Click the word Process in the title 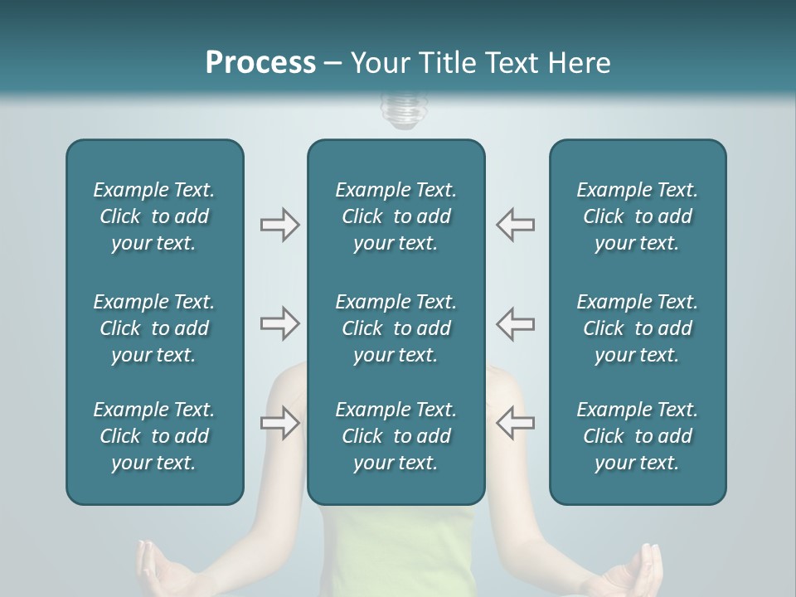[x=260, y=62]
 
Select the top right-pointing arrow [x=279, y=225]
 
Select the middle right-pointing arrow [x=279, y=323]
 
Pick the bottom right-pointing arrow [x=279, y=423]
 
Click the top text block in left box [x=154, y=216]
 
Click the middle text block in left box [x=154, y=328]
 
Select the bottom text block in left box [x=154, y=436]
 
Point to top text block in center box [x=396, y=216]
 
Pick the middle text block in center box [x=396, y=328]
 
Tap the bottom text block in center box [x=396, y=436]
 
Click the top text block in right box [x=637, y=216]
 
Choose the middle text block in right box [x=637, y=328]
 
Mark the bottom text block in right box [x=637, y=436]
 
